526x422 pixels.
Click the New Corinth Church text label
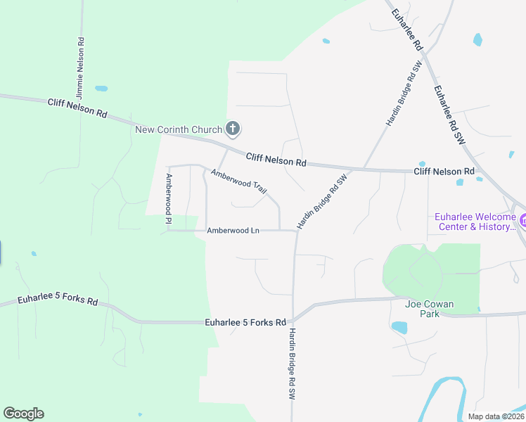pos(179,129)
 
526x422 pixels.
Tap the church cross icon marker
pos(233,129)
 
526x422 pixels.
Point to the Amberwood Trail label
pos(239,181)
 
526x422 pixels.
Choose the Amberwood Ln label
pos(233,231)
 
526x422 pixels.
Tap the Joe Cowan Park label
pos(429,309)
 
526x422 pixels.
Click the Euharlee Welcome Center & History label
pos(475,222)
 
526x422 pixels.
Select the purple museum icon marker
pos(523,221)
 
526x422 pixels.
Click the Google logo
pos(23,414)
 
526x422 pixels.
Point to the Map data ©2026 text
pos(496,416)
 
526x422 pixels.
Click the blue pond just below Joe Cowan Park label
pos(399,327)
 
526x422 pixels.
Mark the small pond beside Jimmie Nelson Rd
pos(101,89)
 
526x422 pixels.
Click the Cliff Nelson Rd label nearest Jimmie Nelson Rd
pos(77,108)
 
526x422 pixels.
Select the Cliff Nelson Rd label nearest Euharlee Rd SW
pos(444,172)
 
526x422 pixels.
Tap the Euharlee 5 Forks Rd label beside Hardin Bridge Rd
pos(245,323)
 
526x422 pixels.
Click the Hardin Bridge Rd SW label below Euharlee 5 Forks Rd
pos(290,366)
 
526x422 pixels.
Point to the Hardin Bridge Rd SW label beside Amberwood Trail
pos(322,203)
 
